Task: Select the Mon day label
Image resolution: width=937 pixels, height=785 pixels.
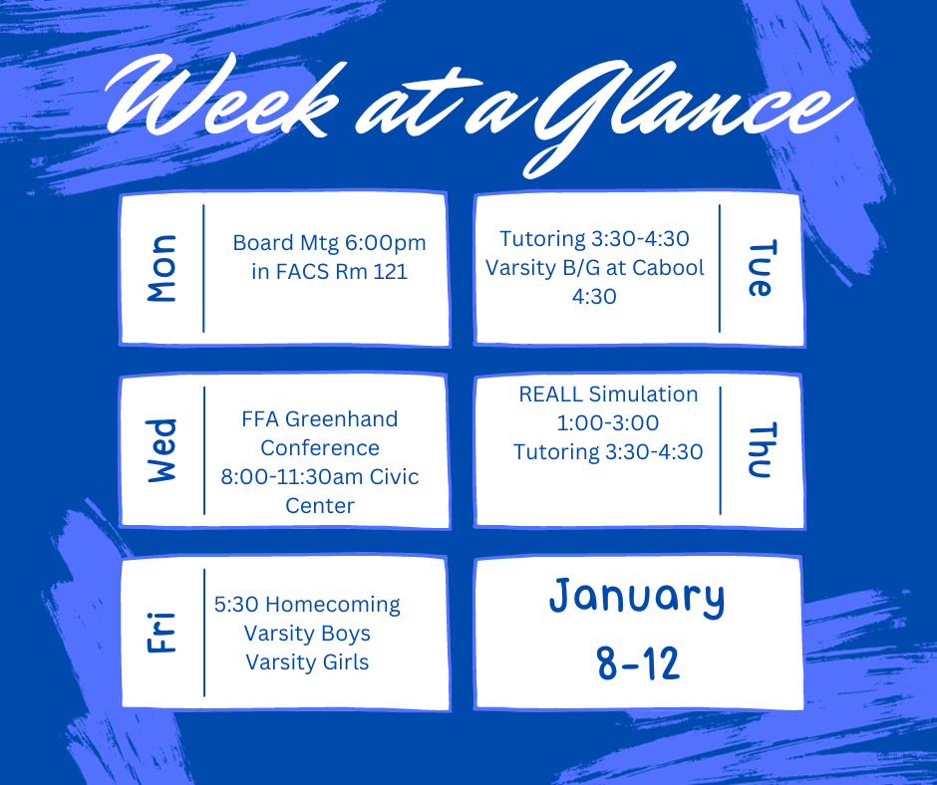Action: pos(160,268)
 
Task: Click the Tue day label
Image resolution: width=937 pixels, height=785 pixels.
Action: pos(760,268)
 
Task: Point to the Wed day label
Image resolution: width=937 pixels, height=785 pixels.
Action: pos(160,451)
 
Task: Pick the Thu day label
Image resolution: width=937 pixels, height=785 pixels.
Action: pos(760,450)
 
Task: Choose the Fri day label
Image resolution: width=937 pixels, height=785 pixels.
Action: pos(160,633)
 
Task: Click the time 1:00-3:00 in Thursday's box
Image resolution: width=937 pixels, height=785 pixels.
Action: pos(608,422)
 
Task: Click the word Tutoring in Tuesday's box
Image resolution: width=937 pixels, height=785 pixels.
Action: pos(543,239)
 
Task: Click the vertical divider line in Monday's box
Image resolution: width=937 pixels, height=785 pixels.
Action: pos(203,268)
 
